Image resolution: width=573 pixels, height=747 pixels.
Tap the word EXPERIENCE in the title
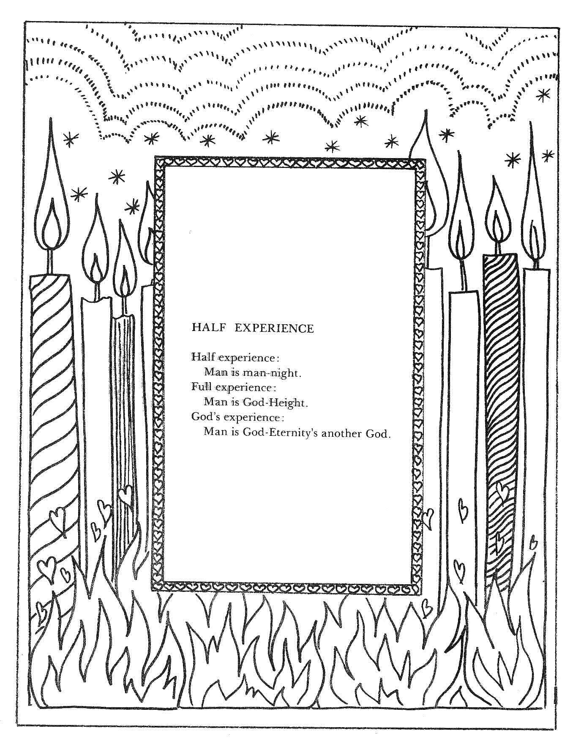click(274, 328)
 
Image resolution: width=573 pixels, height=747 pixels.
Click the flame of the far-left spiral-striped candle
click(52, 190)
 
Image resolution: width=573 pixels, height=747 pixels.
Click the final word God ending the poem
click(377, 434)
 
